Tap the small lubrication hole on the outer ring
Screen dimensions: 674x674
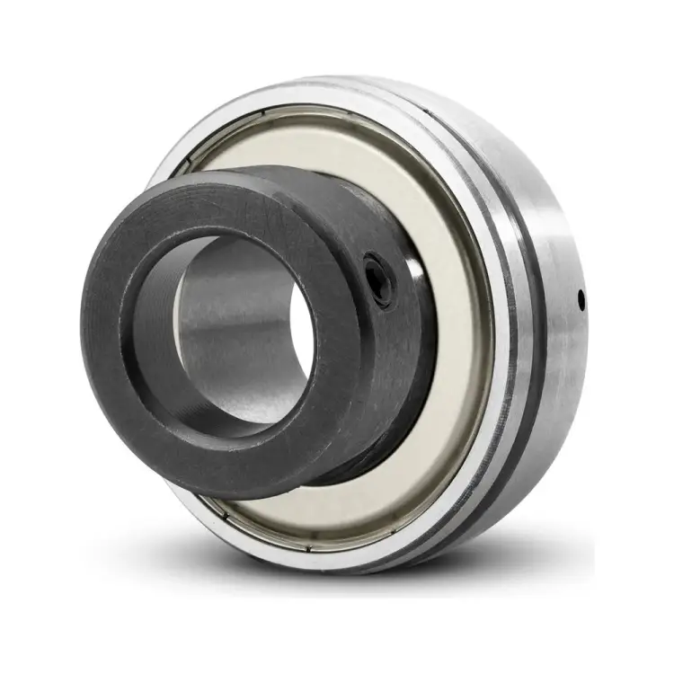[x=581, y=297]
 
